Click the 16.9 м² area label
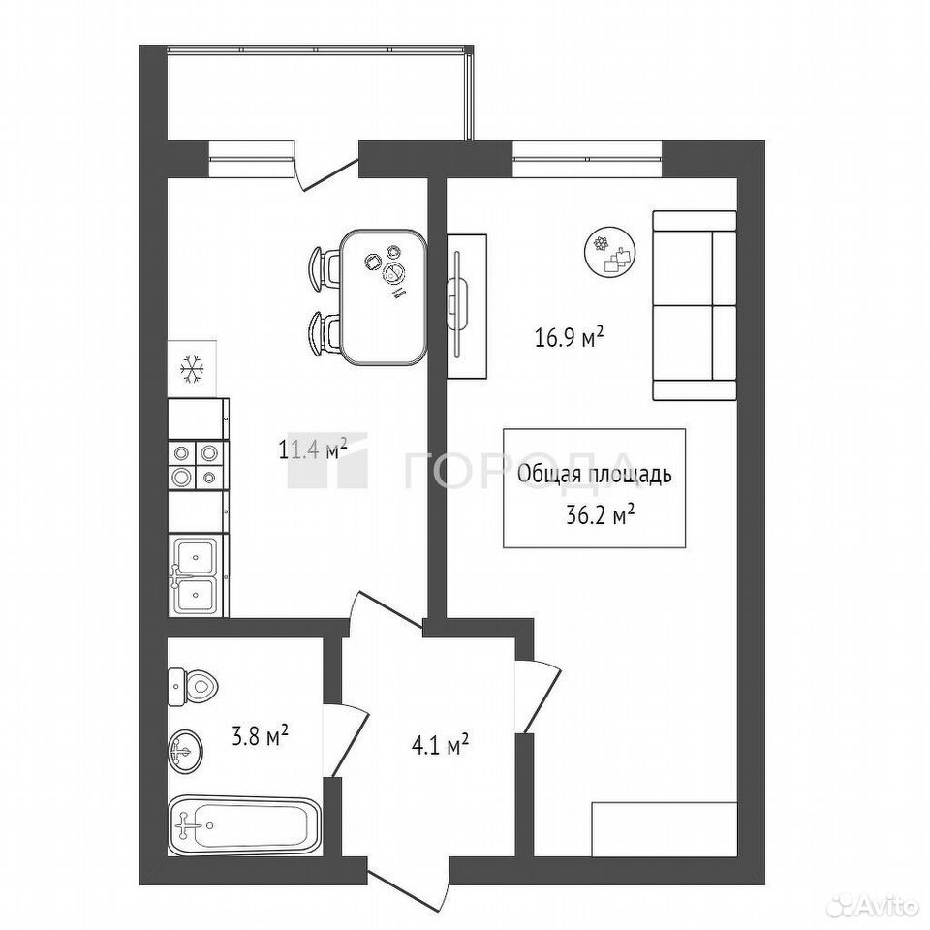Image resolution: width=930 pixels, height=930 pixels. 569,338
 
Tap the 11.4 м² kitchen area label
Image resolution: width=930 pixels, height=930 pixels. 313,450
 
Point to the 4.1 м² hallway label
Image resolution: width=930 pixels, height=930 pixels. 440,744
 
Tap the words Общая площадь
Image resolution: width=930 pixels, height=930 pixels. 594,474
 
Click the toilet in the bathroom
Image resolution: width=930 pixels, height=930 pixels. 192,686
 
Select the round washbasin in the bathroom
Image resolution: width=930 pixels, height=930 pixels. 184,752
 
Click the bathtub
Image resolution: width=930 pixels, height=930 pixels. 244,825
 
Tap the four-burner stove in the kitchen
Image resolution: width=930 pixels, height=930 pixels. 198,465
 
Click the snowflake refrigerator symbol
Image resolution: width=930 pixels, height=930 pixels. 192,368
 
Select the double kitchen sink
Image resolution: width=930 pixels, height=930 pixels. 198,574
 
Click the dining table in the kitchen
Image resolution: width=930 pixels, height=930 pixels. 384,296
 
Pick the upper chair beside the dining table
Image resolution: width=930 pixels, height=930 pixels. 325,268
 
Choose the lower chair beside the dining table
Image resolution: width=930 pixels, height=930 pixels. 325,334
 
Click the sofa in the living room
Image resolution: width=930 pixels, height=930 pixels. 695,305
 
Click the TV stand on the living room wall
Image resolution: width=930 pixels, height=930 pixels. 466,305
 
